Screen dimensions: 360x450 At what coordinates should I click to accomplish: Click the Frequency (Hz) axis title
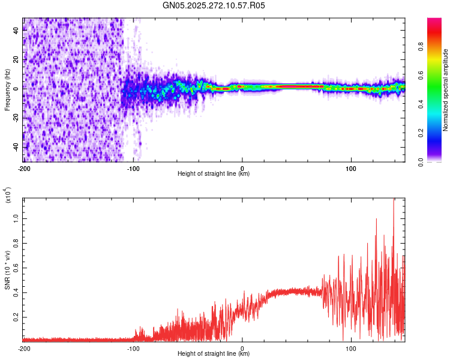(7, 90)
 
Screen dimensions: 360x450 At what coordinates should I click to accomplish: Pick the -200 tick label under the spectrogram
(24, 169)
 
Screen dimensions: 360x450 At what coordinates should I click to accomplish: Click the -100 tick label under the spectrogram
(133, 169)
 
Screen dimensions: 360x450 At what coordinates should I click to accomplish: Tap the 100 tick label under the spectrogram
(351, 169)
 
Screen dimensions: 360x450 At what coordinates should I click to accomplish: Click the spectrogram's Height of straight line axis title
(214, 174)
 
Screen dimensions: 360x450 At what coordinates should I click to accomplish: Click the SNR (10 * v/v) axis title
(7, 270)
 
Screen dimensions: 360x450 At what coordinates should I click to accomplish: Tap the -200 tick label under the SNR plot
(24, 348)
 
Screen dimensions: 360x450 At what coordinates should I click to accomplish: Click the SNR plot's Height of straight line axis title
(214, 353)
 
